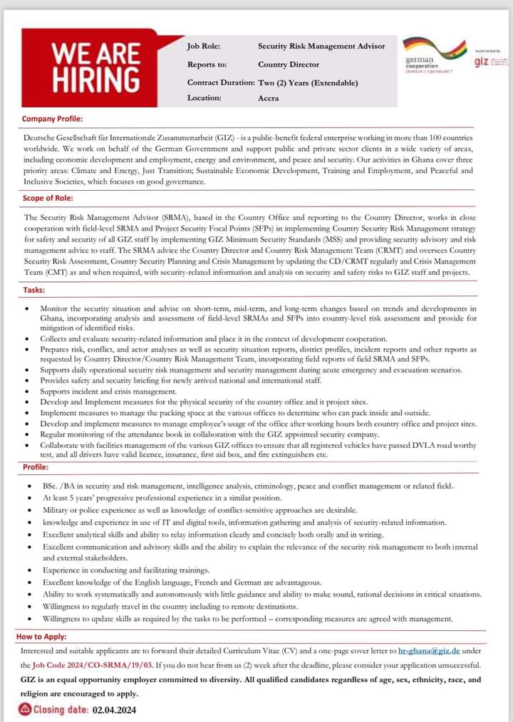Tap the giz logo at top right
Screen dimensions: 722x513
coord(490,62)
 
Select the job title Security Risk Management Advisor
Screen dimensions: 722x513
coord(321,46)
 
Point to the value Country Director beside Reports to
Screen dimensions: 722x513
coord(289,64)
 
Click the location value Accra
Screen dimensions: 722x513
coord(268,98)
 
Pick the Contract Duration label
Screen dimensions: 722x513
coord(220,83)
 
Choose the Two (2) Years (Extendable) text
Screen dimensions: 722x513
coord(308,83)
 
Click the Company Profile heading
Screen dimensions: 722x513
coord(52,119)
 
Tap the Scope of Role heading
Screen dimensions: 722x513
coord(48,199)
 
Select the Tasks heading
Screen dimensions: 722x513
coord(33,291)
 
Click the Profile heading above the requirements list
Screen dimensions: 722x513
coord(36,468)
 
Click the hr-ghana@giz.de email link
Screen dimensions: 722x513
coord(429,651)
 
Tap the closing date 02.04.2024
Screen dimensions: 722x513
coord(114,710)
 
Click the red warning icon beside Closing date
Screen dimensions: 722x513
coord(25,709)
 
